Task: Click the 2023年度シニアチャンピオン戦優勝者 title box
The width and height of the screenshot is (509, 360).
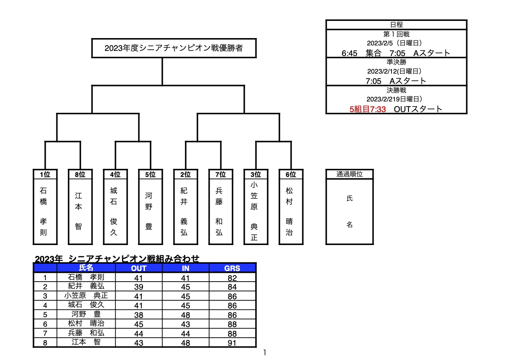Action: (174, 48)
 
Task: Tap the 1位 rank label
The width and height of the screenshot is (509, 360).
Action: (45, 174)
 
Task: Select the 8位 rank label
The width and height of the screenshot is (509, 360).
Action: (80, 174)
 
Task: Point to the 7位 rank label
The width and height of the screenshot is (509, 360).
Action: (221, 174)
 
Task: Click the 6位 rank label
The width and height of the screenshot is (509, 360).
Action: (291, 174)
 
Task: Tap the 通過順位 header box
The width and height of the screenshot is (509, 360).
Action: (349, 174)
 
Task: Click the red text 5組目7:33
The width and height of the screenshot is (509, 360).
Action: (367, 109)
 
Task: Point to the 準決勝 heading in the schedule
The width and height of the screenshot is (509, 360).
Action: (396, 62)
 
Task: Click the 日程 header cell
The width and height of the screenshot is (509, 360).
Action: (396, 25)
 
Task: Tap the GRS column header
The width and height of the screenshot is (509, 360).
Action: (232, 268)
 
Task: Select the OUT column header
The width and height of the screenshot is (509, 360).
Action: (139, 268)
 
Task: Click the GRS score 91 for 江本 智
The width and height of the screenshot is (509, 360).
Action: (232, 343)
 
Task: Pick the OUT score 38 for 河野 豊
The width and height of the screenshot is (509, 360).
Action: (139, 315)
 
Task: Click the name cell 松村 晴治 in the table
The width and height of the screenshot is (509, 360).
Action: (86, 323)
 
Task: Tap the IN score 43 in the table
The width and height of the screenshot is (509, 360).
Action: (186, 324)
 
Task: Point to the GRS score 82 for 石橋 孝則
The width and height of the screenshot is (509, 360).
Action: (232, 278)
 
